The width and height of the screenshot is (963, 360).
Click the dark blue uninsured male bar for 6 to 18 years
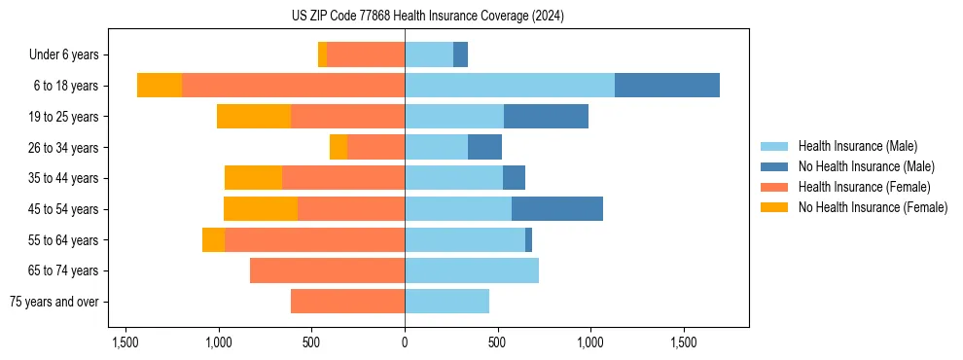point(667,86)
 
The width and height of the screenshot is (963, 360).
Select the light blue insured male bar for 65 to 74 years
point(472,270)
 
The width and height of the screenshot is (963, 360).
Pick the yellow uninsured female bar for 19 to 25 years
point(254,117)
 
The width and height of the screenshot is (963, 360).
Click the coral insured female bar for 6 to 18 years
point(294,86)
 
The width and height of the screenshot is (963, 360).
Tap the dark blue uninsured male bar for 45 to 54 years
point(557,209)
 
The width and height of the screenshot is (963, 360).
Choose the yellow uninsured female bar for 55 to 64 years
point(213,240)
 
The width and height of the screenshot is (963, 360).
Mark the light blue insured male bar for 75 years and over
point(446,302)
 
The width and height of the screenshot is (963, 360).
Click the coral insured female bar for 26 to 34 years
point(376,147)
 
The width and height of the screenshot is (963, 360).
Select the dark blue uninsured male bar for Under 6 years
point(460,54)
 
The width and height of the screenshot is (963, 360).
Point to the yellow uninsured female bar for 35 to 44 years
point(253,178)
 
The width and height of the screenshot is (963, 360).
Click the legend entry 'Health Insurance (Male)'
point(857,146)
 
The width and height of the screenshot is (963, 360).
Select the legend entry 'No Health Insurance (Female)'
point(873,207)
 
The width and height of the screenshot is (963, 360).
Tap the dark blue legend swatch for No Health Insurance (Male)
point(774,166)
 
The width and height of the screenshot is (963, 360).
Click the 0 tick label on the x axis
point(405,342)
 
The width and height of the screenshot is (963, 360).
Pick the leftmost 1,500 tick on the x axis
point(125,342)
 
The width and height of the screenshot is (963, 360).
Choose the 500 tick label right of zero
point(497,342)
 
